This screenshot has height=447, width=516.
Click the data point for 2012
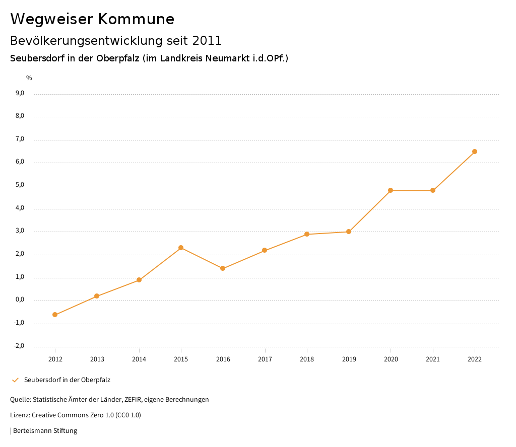tap(55, 315)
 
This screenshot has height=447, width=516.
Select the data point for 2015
tap(181, 248)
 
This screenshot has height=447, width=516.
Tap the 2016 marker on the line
tap(223, 268)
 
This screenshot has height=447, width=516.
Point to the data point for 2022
tap(475, 152)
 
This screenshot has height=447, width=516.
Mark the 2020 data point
tap(391, 190)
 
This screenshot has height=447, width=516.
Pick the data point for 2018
tap(307, 234)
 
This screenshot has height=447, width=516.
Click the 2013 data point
tap(97, 296)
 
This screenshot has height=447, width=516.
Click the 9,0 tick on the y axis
tap(20, 93)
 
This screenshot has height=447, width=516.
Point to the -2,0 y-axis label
tap(19, 346)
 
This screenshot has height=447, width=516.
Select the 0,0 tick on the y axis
tap(20, 300)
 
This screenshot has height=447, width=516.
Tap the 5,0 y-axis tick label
tap(20, 185)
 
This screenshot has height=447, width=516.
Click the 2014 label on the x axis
tap(139, 359)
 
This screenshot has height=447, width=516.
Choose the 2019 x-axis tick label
tap(349, 359)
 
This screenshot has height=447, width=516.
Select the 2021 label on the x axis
tap(433, 359)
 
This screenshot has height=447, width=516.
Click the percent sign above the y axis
tap(29, 78)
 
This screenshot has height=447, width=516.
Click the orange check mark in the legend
tap(15, 380)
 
